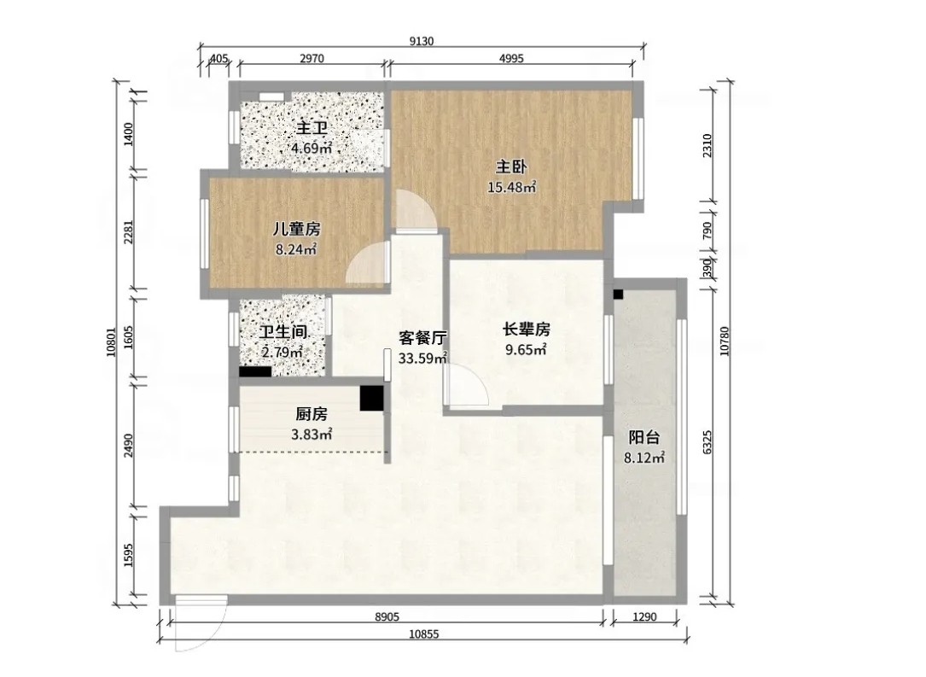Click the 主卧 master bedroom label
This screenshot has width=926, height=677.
pos(511,167)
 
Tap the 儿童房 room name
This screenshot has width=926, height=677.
pos(296,229)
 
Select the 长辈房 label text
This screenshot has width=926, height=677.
pos(527,329)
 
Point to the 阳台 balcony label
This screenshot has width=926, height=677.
pos(644,438)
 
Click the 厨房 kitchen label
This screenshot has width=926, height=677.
pos(312,414)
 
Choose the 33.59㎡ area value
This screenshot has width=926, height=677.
pos(422,358)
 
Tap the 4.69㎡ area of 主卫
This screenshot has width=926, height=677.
pos(312,148)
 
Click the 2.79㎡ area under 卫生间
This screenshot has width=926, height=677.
pos(282,353)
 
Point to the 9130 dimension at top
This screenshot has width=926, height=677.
pos(422,41)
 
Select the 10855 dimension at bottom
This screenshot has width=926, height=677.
pos(424,634)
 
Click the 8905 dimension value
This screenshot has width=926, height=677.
pos(387,616)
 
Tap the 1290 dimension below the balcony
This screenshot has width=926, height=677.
pos(644,616)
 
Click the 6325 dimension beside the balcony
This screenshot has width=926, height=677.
pos(708,442)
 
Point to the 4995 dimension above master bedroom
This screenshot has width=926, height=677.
pos(511,59)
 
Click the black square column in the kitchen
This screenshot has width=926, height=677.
pos(372,398)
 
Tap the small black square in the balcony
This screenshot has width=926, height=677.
pos(618,295)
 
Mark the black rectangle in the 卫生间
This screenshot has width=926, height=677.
pos(255,372)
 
